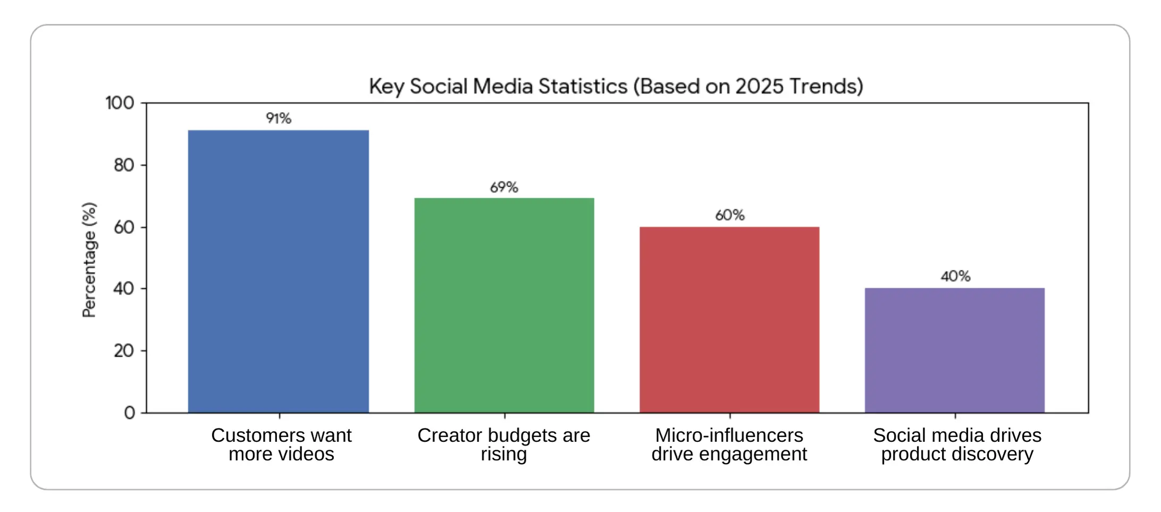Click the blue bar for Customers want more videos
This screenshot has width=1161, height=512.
click(279, 271)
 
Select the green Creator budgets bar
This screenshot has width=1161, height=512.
click(504, 305)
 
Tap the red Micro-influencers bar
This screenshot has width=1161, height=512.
click(729, 320)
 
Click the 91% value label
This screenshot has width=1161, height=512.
click(279, 118)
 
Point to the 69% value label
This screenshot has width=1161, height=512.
click(504, 187)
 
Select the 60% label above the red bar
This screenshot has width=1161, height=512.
click(729, 215)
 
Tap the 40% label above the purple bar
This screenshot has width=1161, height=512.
click(955, 276)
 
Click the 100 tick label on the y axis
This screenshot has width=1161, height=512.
click(120, 103)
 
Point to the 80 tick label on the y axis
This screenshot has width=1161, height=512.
click(124, 165)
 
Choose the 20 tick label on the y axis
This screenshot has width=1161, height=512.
click(124, 351)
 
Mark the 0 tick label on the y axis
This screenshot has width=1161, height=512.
click(130, 413)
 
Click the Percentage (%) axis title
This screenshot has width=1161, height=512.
click(89, 260)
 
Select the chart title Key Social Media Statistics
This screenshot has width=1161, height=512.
click(616, 86)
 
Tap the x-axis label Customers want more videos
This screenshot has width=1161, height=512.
click(281, 444)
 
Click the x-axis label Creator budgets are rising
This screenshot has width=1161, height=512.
click(503, 444)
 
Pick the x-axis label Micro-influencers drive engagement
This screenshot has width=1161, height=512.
click(729, 444)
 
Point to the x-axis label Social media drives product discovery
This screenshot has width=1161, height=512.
click(957, 444)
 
